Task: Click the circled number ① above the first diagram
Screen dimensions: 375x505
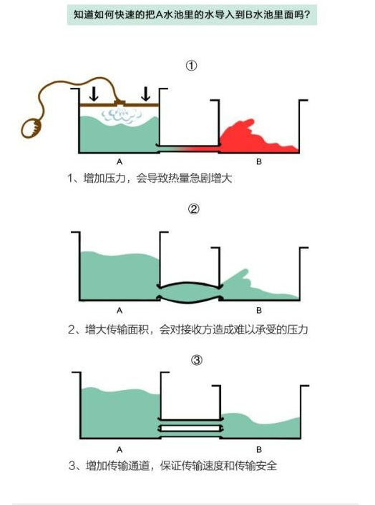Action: [x=191, y=66]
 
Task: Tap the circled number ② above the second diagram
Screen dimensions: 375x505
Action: [x=194, y=209]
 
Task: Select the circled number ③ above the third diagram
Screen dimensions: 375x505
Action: [x=197, y=359]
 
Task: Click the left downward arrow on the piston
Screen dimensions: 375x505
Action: [x=94, y=94]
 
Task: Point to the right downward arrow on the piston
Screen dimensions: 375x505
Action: [x=146, y=94]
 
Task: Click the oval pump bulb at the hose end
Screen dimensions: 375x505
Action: [x=31, y=128]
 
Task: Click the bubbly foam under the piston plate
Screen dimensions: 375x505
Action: [x=122, y=115]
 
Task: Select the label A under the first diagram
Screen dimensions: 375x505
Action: [x=120, y=161]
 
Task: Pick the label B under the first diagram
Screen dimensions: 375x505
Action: [x=259, y=161]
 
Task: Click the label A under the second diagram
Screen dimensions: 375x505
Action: [x=120, y=311]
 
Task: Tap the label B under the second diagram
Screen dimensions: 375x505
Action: [x=259, y=311]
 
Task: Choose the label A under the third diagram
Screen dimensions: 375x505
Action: [x=120, y=449]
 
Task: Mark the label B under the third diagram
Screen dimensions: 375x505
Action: [x=259, y=449]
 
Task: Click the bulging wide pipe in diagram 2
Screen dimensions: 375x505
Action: [x=190, y=292]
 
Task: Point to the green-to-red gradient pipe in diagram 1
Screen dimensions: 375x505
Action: [x=190, y=149]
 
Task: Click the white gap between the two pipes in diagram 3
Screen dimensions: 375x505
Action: [x=190, y=429]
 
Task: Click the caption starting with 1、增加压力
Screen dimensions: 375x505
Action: [x=150, y=178]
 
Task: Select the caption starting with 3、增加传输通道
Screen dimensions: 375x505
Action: [x=172, y=466]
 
